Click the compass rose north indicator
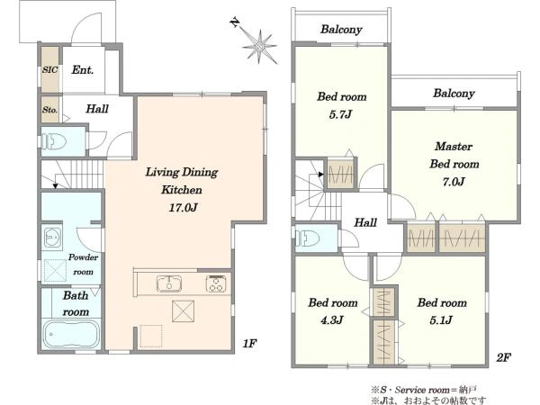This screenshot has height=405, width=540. pos(258,45)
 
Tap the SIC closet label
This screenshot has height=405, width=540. pos(49,69)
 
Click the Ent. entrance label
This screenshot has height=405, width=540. pos(82,70)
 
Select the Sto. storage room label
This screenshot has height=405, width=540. pos(49,110)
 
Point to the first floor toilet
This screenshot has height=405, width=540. pos(54,141)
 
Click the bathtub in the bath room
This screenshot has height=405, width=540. pos(71,334)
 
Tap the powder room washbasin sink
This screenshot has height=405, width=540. pos(53,237)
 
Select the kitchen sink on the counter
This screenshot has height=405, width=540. pos(169,283)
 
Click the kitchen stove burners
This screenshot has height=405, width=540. pos(216,283)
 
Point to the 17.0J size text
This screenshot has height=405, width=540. pos(183,208)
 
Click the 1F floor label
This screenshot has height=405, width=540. pos(249,344)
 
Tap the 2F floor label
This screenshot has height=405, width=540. pos(503,357)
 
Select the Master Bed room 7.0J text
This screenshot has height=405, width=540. pos(454,164)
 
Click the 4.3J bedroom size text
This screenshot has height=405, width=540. pos(331,320)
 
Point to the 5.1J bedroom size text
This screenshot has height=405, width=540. pos(441,320)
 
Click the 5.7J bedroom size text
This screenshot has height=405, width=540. pos(340,114)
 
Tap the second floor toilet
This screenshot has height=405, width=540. pos(308,238)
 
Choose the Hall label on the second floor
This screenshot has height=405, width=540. pos(365,222)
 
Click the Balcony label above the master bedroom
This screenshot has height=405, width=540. pos(454,94)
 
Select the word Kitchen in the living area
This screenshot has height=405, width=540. pos(182,190)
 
